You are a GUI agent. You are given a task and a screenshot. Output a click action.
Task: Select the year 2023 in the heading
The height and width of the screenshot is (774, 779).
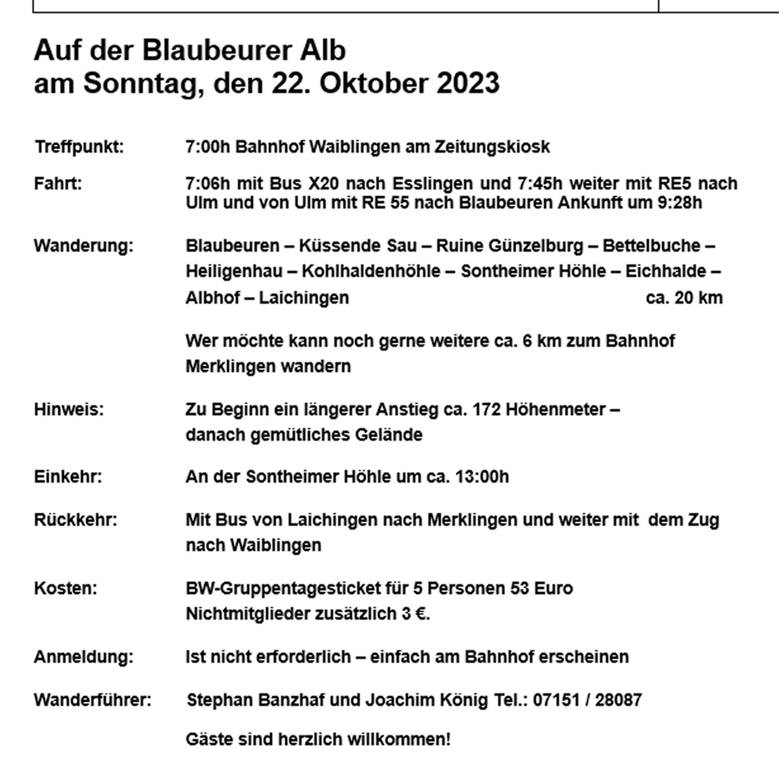pos(468,83)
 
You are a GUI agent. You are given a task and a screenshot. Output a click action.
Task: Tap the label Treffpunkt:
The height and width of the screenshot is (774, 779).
pos(79,147)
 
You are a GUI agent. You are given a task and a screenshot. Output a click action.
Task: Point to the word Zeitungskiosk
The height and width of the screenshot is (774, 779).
pos(492,147)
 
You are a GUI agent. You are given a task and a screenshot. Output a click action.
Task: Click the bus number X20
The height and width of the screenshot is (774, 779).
pos(323,184)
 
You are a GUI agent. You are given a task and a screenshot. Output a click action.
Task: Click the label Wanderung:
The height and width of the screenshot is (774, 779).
pos(84,246)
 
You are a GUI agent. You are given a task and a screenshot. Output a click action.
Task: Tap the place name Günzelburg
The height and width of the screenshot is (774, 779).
pos(536,246)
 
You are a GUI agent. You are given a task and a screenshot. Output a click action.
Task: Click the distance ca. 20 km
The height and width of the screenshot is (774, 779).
pos(684,298)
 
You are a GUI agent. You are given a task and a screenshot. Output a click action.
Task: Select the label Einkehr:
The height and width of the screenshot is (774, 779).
pos(68,477)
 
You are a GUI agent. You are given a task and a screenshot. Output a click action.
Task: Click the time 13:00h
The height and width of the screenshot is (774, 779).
pos(482,477)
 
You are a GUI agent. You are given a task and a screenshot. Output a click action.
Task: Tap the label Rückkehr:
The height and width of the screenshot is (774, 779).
pos(75,520)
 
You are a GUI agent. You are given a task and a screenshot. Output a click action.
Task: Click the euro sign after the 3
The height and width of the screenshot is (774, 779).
pos(421,614)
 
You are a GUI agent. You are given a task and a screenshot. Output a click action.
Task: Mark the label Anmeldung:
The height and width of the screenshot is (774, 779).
pos(84,657)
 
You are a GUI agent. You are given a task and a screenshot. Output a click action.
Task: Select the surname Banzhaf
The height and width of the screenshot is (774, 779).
pos(291,700)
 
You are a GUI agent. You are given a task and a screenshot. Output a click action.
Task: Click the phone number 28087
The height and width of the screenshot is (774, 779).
pos(618,700)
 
